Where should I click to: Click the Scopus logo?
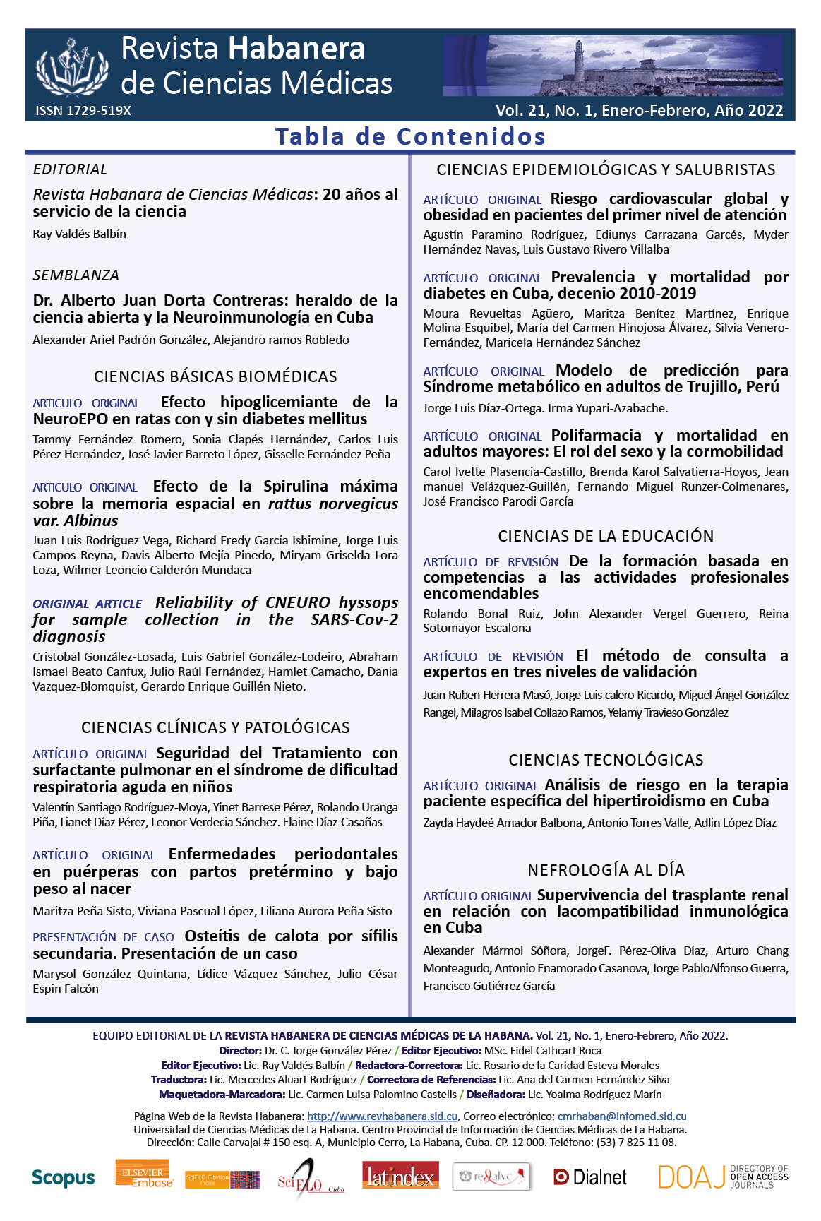(63, 1178)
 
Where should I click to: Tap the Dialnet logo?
(590, 1177)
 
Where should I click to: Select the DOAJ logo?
(723, 1177)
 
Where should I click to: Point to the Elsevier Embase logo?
(144, 1174)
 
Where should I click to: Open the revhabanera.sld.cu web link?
(382, 1116)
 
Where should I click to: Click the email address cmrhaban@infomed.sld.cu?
(622, 1116)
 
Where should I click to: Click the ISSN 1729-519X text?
(83, 111)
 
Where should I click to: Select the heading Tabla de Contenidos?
(410, 136)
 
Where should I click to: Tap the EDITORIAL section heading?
(70, 169)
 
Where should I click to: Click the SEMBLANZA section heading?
(76, 275)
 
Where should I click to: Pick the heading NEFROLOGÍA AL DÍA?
(606, 870)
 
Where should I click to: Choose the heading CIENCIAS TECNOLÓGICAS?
(606, 760)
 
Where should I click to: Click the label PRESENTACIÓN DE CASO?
(103, 937)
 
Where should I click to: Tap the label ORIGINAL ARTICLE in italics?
(88, 604)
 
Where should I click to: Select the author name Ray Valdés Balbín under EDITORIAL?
(79, 234)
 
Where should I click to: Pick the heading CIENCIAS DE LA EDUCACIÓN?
(606, 536)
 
